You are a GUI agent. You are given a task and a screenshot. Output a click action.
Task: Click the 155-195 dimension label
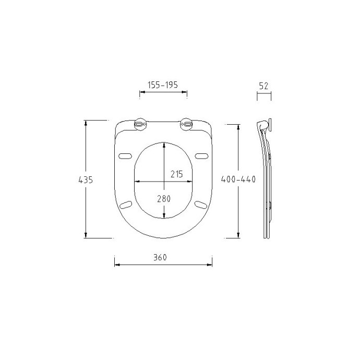163,85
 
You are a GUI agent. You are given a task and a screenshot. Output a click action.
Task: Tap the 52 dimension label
263,86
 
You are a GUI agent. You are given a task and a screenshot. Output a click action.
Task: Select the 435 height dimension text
86,180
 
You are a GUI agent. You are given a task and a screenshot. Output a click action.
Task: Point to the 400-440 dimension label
238,179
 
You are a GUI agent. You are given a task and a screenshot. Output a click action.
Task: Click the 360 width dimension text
160,257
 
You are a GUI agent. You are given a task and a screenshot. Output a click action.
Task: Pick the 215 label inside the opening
176,174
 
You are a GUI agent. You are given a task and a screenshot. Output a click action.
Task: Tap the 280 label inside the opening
164,199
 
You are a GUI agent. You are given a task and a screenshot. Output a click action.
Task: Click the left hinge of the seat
140,124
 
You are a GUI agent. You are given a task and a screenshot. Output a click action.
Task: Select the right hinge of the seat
186,124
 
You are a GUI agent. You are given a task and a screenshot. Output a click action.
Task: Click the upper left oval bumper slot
125,156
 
